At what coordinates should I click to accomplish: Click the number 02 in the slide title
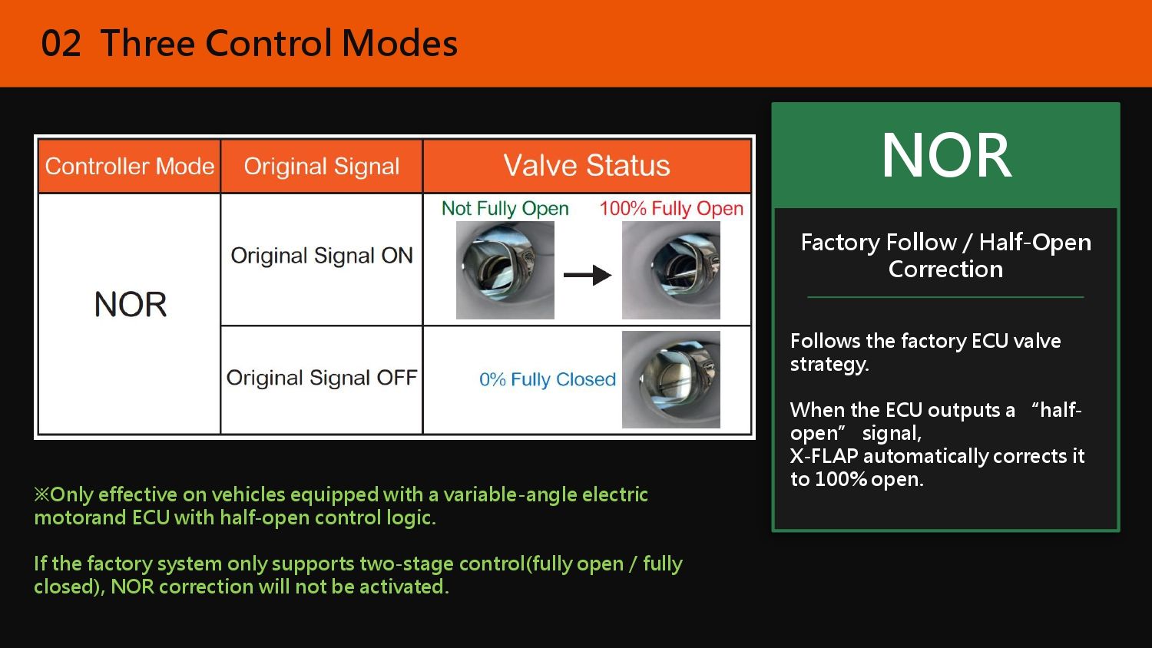(x=61, y=43)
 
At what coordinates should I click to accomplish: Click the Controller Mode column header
(x=130, y=166)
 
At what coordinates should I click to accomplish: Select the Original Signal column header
(x=322, y=166)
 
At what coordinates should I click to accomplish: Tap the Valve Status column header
(x=587, y=166)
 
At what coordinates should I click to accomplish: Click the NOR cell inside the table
(x=131, y=305)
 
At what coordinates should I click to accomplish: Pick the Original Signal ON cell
(x=322, y=256)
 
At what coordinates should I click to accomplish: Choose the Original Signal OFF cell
(x=322, y=378)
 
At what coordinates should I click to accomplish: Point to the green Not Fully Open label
(x=505, y=209)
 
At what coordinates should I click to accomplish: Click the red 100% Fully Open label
(x=672, y=209)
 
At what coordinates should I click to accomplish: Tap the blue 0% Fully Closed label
(x=548, y=379)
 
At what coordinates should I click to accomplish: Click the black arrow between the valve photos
(x=588, y=275)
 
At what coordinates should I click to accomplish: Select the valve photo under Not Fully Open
(x=505, y=270)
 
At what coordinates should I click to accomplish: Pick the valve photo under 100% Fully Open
(x=671, y=270)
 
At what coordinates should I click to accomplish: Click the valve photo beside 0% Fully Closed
(x=671, y=379)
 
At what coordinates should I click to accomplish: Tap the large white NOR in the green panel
(x=947, y=155)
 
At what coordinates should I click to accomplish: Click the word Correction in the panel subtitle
(x=945, y=269)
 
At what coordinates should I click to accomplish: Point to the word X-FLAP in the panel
(x=824, y=456)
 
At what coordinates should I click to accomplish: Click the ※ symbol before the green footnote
(x=41, y=494)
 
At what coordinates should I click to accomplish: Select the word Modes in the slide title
(x=399, y=43)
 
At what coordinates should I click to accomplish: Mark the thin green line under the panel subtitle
(x=945, y=297)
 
